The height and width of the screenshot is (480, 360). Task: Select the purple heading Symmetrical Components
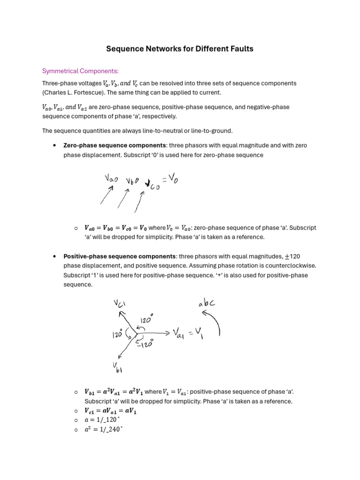(x=81, y=71)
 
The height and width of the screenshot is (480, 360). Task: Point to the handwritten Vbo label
(x=135, y=181)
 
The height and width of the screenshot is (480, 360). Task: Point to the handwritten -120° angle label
(x=145, y=344)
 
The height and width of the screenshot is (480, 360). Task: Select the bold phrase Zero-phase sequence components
(x=115, y=145)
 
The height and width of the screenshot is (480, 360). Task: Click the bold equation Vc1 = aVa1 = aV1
(x=110, y=411)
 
